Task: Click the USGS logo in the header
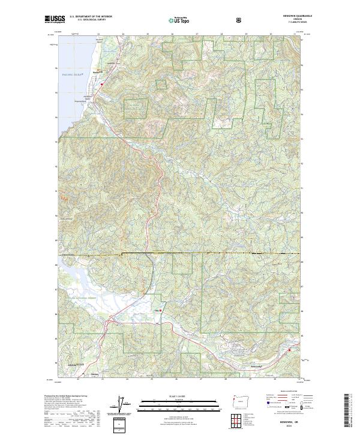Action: tap(55, 20)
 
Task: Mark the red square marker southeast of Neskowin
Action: tap(102, 85)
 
